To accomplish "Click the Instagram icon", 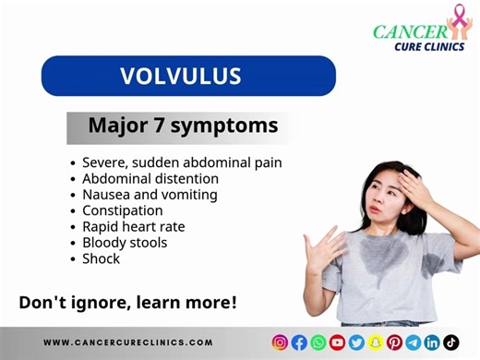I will (x=280, y=342).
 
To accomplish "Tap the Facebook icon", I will (x=299, y=342).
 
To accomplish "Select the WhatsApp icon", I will (x=318, y=342).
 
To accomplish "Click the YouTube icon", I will (x=337, y=342).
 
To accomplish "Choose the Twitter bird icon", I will (x=356, y=342).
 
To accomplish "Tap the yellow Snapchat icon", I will (x=376, y=342).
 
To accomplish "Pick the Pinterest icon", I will (x=394, y=342).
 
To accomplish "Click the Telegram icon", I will (x=414, y=342).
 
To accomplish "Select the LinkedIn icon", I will (x=432, y=342).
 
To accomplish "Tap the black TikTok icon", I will (x=451, y=342).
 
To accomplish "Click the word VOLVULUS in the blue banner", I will (x=188, y=77).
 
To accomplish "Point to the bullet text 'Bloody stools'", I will (x=124, y=243).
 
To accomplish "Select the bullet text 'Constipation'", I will (x=122, y=210).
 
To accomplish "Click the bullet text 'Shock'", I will (x=101, y=259).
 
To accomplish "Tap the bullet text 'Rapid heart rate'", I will (x=133, y=227).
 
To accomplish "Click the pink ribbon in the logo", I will (x=457, y=18).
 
